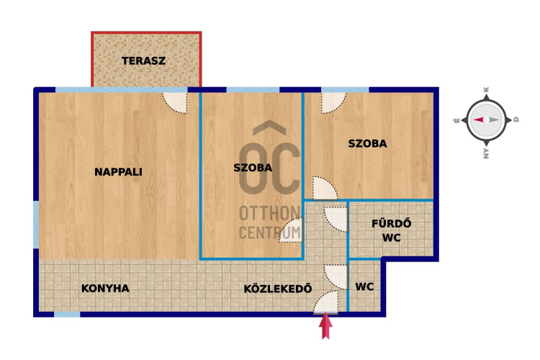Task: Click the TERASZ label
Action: tap(144, 60)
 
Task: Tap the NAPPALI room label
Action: tap(119, 171)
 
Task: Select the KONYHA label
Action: tap(105, 288)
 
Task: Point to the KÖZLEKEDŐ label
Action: tap(278, 289)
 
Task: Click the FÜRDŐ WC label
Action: tap(391, 230)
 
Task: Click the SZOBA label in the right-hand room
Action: tap(367, 143)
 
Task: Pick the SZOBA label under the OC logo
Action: tap(253, 168)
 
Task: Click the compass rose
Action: tap(485, 120)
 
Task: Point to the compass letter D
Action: tap(516, 120)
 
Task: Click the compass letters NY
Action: tap(486, 150)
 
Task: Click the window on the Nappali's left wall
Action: tap(36, 225)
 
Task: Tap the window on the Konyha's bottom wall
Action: tap(67, 313)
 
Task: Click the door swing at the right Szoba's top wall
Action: tap(332, 102)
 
